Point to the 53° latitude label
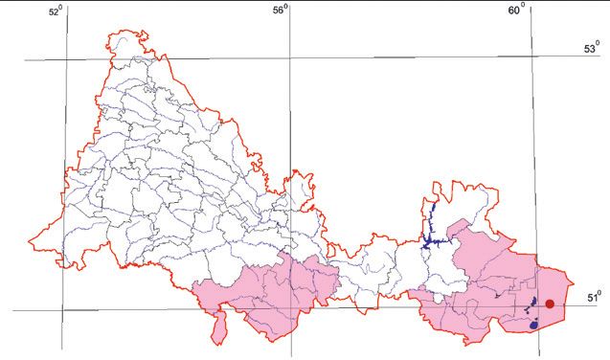[x=591, y=49]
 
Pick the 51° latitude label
[x=593, y=298]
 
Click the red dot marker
[x=550, y=304]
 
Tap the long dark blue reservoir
[x=429, y=226]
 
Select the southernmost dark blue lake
[x=533, y=325]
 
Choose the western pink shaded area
[x=268, y=292]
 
